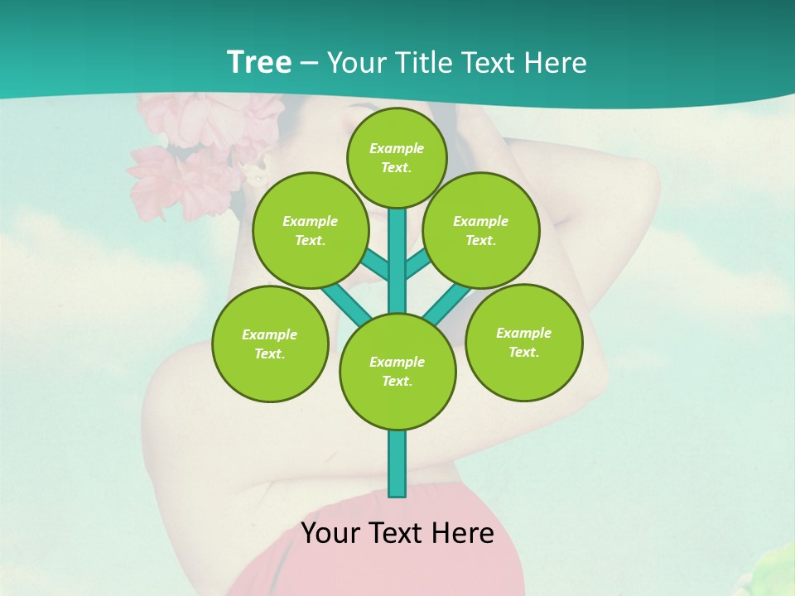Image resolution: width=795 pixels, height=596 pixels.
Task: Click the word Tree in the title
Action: (x=258, y=63)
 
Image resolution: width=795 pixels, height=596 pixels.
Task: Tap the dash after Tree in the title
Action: (x=309, y=64)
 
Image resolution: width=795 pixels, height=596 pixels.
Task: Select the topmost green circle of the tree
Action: (x=397, y=157)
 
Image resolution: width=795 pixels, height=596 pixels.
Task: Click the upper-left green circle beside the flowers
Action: (x=310, y=230)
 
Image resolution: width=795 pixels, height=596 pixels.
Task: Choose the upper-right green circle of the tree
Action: (x=481, y=230)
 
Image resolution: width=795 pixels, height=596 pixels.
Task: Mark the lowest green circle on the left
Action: (x=270, y=344)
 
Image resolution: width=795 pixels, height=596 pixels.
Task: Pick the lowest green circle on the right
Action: (x=524, y=342)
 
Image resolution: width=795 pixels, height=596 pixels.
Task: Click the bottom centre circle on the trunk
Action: (x=397, y=371)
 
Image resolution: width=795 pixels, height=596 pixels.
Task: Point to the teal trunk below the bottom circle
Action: (x=397, y=464)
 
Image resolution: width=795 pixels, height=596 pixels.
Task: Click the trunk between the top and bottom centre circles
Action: (x=397, y=261)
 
